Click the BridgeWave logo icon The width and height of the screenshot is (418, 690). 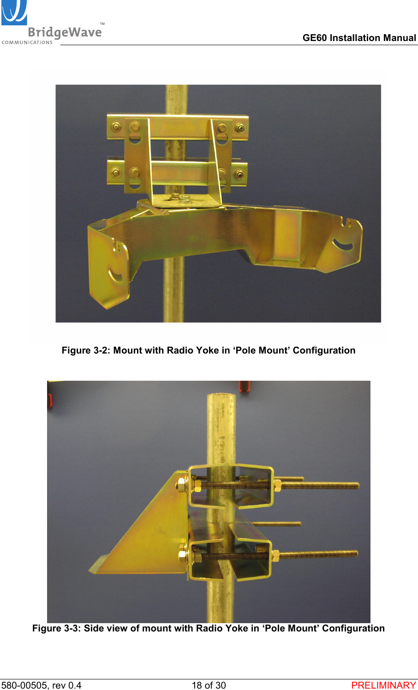click(14, 12)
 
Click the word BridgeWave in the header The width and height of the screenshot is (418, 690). click(65, 32)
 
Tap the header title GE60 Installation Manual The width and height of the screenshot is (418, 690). click(359, 38)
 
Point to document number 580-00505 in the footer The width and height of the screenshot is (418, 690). click(25, 685)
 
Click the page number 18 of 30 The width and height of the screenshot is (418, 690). click(209, 685)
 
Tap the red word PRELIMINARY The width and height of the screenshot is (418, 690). click(383, 685)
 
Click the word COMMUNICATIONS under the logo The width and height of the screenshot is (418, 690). click(27, 42)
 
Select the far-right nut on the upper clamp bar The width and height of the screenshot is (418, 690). click(240, 128)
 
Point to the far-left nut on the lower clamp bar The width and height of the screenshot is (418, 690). click(116, 173)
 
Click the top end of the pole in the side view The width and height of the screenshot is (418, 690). click(221, 396)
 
